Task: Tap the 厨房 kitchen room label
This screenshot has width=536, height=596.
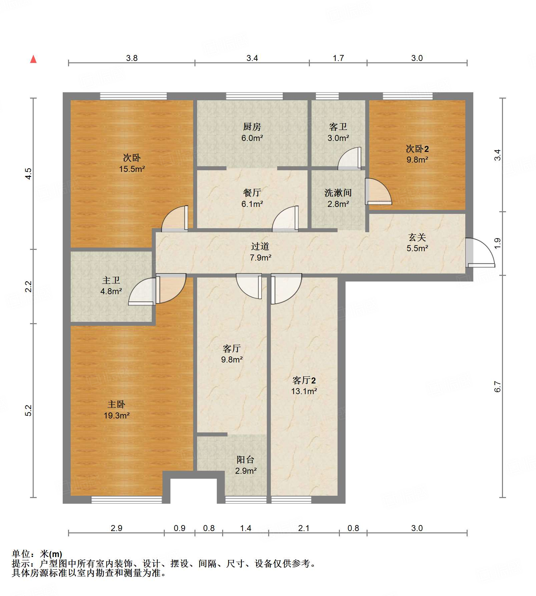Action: coord(252,127)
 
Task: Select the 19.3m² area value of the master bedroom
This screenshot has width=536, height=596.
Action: coord(116,415)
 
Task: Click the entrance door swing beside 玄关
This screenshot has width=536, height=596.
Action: coord(480,253)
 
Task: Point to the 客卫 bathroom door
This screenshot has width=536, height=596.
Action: coord(350,158)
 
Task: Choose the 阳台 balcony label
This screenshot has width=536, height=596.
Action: coord(245,459)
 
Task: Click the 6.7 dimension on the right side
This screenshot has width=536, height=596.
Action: coord(497,386)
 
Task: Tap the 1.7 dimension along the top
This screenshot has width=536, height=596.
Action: coord(338,58)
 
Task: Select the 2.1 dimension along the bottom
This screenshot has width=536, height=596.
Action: coord(304,528)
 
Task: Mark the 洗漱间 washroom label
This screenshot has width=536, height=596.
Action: coord(338,193)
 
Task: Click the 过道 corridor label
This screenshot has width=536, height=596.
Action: coord(260,246)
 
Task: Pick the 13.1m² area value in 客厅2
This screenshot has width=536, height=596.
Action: coord(304,391)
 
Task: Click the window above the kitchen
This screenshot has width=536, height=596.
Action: coord(254,96)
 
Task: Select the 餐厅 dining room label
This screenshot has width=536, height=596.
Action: coord(252,193)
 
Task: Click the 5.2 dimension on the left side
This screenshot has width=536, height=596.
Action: coord(28,410)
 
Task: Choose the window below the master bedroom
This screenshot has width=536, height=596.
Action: coord(127,500)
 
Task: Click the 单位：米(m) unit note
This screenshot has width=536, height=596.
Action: coord(37,554)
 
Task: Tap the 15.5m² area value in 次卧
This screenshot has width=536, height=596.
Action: coord(132,169)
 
